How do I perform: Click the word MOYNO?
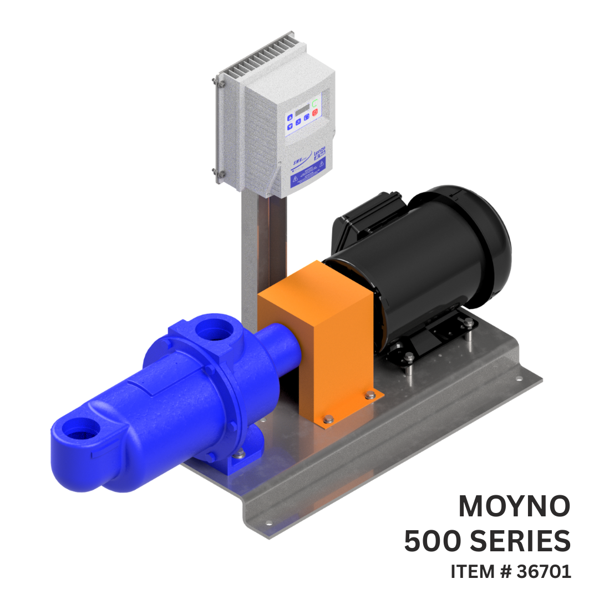[514, 505]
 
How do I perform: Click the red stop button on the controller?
[315, 113]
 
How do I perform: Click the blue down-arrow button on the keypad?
[290, 127]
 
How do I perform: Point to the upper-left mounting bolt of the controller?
[215, 82]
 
